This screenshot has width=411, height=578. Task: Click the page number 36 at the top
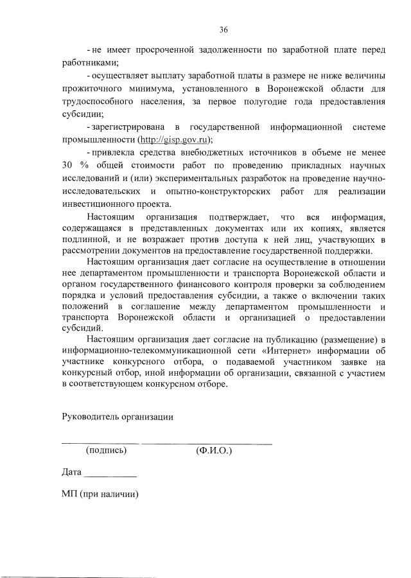tap(223, 30)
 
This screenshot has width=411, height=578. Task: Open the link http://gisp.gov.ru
tap(175, 139)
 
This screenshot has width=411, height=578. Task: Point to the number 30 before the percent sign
tap(69, 164)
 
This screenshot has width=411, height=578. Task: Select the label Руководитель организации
tap(118, 416)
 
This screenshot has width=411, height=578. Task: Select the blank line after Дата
tap(110, 477)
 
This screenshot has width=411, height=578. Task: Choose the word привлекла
tap(112, 152)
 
